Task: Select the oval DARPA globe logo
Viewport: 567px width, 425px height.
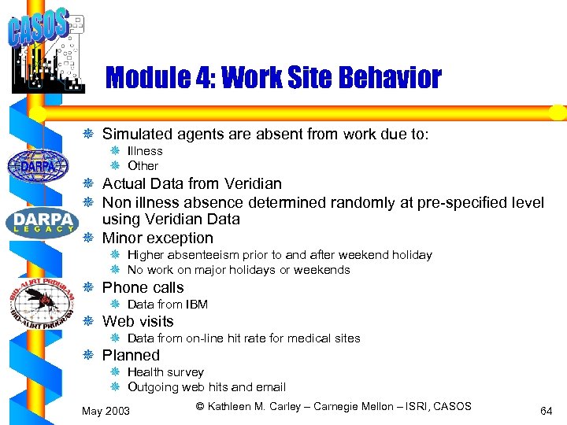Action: tap(32, 166)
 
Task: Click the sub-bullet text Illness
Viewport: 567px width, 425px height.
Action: tap(145, 151)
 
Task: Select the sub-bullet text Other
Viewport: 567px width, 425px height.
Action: tap(143, 166)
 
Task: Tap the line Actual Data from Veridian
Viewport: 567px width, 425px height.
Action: tap(191, 184)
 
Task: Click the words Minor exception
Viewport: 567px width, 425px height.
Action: tap(157, 238)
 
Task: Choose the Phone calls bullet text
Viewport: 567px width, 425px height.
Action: tap(143, 288)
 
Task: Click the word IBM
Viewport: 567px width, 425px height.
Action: tap(196, 305)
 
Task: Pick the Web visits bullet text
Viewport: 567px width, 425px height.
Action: tap(138, 322)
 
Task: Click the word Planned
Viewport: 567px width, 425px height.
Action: tap(131, 356)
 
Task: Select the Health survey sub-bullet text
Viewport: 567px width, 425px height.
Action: tap(165, 372)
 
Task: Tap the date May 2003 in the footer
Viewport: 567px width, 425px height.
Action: tap(106, 412)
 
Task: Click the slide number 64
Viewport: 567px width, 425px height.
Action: tap(545, 411)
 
